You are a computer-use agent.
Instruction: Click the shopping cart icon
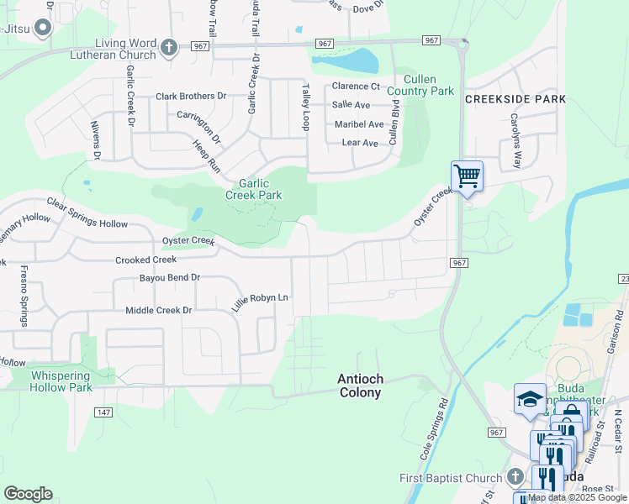[x=467, y=176]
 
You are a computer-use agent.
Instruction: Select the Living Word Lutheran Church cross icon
[x=169, y=48]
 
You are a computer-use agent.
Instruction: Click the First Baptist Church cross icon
[x=515, y=478]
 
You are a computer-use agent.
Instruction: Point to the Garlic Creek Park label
[x=253, y=188]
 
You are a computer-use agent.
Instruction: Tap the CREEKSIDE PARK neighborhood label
[x=515, y=99]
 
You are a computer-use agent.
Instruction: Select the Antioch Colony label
[x=359, y=386]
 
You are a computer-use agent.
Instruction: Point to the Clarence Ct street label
[x=356, y=86]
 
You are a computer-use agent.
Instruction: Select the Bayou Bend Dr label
[x=170, y=277]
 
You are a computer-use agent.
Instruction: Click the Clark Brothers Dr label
[x=191, y=97]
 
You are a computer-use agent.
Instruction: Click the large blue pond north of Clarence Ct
[x=357, y=61]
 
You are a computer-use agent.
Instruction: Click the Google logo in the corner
[x=28, y=494]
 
